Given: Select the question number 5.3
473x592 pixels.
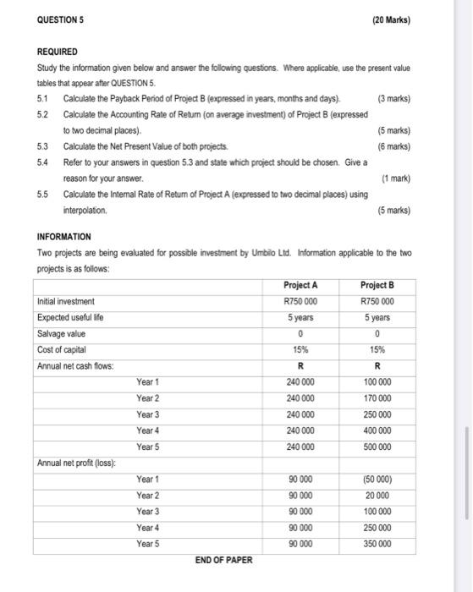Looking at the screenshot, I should (43, 145).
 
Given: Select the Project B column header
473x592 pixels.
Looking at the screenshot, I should (377, 285).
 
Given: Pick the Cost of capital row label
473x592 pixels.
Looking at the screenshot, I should (65, 349).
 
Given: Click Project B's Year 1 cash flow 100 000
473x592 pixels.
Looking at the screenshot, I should (377, 382).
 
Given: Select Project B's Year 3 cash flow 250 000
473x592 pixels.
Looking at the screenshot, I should (377, 414).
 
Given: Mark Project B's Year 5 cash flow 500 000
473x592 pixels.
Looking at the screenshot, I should (377, 447).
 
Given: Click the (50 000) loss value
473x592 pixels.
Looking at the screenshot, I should (377, 480).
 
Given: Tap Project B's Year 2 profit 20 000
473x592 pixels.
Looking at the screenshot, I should (377, 496).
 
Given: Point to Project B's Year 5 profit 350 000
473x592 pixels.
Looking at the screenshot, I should (377, 544).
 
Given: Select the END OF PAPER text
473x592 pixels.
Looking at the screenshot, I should (223, 560).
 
